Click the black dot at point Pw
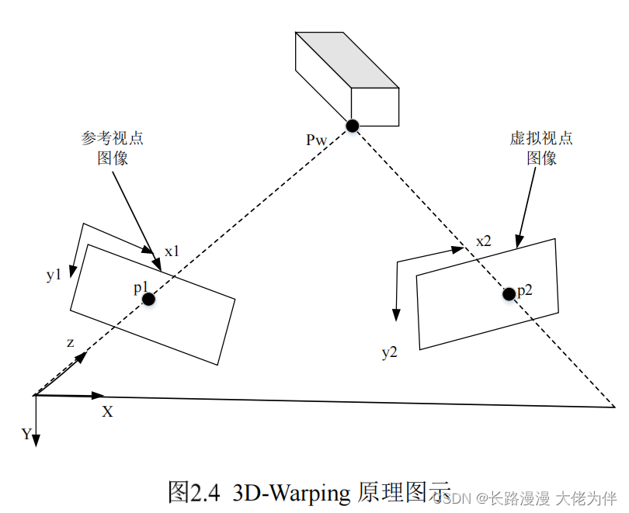(x=353, y=125)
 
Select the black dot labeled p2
(x=508, y=293)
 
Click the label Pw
(x=317, y=140)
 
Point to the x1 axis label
(x=172, y=251)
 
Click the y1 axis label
(x=53, y=275)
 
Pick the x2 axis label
(x=484, y=241)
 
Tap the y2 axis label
(x=389, y=352)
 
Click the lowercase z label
(x=70, y=341)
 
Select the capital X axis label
(x=107, y=412)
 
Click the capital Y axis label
(x=26, y=434)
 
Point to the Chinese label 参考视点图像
(x=113, y=147)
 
